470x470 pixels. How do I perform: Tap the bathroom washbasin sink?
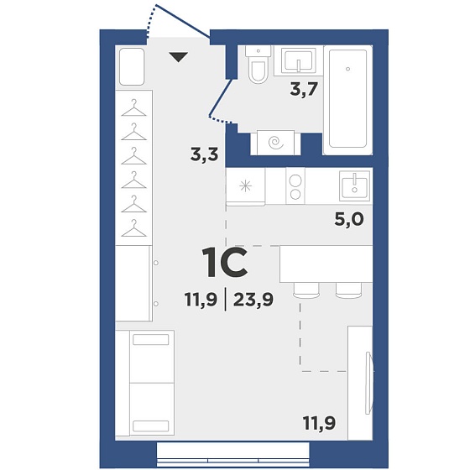(299, 60)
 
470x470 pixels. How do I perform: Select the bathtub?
(347, 99)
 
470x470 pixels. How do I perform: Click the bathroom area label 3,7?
(303, 89)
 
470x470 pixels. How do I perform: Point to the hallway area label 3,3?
(205, 155)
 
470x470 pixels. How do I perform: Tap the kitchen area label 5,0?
(349, 219)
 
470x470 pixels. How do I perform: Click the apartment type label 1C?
(225, 263)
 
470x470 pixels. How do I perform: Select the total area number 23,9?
(253, 300)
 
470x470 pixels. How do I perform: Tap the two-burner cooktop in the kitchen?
(295, 185)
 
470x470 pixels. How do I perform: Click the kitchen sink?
(354, 185)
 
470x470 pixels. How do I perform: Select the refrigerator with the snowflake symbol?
(245, 186)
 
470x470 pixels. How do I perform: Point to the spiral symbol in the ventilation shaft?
(276, 143)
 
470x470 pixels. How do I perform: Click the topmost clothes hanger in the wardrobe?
(133, 108)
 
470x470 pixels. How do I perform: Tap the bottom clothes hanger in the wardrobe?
(133, 228)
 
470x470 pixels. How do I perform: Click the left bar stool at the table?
(306, 290)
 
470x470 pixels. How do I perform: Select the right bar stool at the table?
(348, 290)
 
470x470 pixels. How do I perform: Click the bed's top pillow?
(151, 340)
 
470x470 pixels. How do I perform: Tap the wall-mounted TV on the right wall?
(369, 383)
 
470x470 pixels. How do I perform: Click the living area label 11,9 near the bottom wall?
(319, 423)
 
